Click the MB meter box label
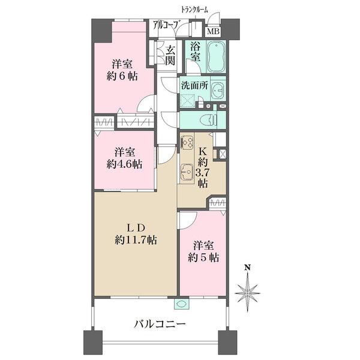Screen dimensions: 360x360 click(213, 31)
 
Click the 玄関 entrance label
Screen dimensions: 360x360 click(170, 55)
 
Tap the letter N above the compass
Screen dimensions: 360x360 click(247, 268)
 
